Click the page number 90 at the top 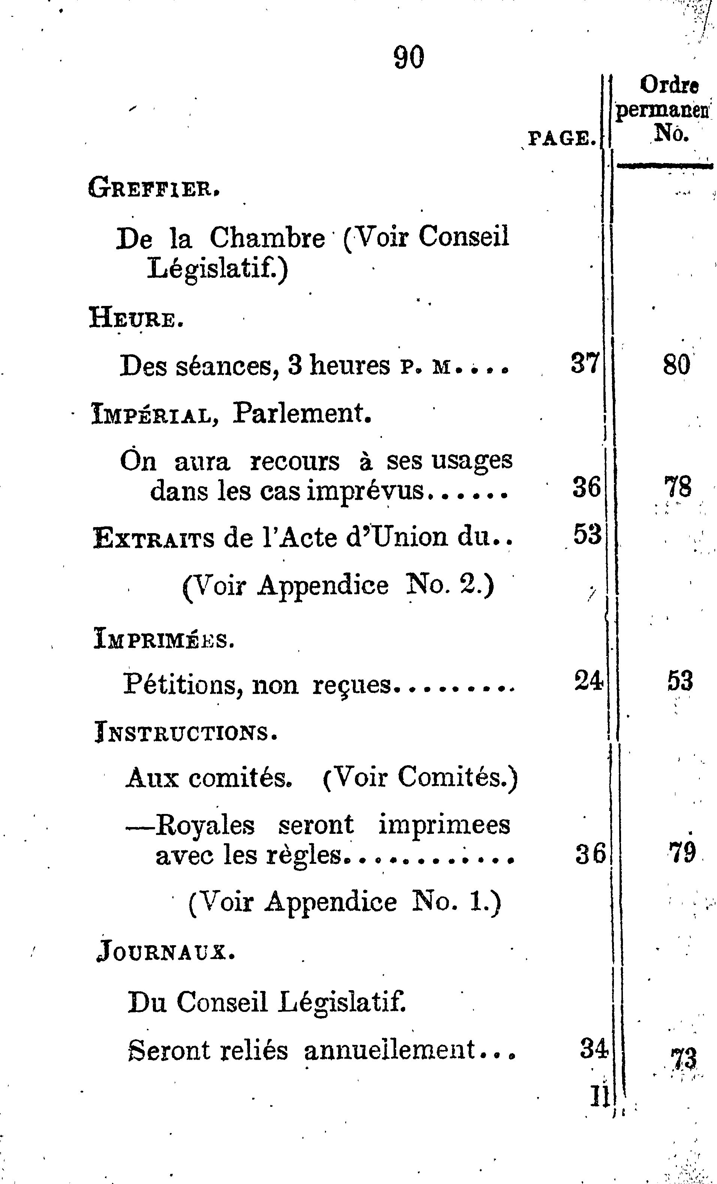(x=409, y=57)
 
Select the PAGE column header (x=562, y=139)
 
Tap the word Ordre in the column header (x=669, y=85)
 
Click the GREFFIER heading (x=154, y=188)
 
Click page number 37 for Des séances (x=585, y=364)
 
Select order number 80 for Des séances (x=676, y=365)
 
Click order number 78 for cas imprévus (x=678, y=487)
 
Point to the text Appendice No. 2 (x=374, y=586)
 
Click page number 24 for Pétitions (x=588, y=681)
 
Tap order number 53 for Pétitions (x=680, y=681)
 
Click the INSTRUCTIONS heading (x=186, y=734)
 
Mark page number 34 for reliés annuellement (x=594, y=1049)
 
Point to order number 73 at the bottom (x=684, y=1058)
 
